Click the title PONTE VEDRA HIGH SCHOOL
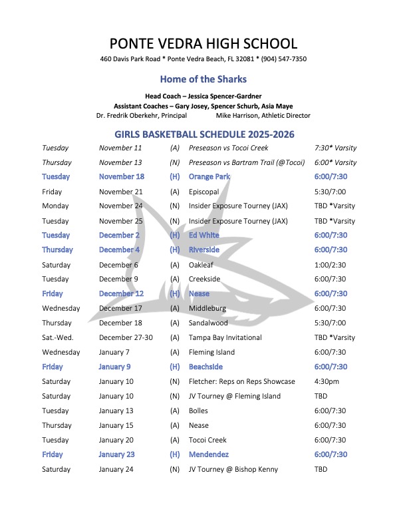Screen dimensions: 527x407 point(203,44)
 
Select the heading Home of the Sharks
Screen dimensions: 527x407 point(203,79)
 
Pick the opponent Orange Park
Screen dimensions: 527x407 point(209,177)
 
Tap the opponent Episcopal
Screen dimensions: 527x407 point(203,192)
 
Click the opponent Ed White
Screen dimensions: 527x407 point(203,236)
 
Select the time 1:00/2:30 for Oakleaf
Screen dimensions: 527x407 point(331,265)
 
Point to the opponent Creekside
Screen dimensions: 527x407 point(205,279)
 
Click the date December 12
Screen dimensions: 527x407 point(121,294)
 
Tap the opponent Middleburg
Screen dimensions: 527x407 point(207,309)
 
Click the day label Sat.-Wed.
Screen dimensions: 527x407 point(58,338)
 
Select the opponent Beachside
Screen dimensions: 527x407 point(205,367)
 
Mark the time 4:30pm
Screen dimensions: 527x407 point(327,382)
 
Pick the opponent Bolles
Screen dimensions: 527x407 point(199,411)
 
